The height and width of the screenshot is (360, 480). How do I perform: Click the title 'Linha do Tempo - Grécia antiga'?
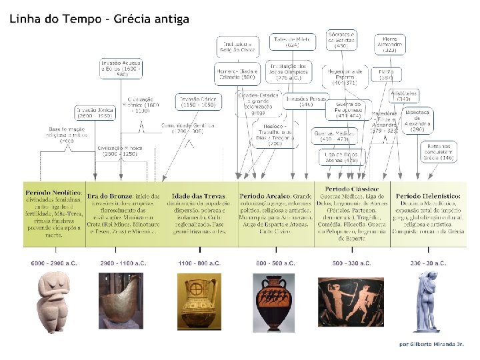coord(99,19)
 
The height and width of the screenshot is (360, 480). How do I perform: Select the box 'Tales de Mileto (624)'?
coord(292,42)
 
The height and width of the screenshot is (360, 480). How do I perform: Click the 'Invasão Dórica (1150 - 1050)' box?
coord(196,102)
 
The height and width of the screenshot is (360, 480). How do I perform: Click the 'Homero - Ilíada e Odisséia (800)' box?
coord(236,73)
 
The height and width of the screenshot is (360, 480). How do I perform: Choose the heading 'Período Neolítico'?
coord(54,192)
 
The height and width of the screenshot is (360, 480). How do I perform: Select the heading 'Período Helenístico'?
coord(428,196)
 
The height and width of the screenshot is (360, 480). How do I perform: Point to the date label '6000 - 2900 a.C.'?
coord(54,263)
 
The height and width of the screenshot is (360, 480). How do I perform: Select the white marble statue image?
coord(428,300)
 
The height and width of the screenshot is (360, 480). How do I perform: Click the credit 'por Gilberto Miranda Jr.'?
coord(431,344)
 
